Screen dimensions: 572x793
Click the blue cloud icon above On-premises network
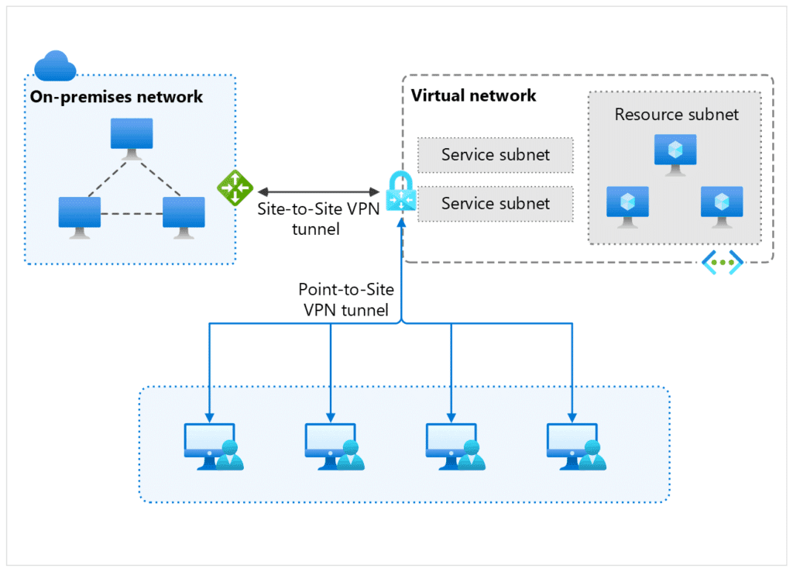pos(55,66)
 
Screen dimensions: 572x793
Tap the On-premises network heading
pos(116,97)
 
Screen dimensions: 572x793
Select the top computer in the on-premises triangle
pos(131,136)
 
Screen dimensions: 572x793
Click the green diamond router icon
pos(235,188)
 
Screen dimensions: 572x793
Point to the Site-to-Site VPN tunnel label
pos(318,218)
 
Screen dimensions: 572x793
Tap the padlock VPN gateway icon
pos(401,191)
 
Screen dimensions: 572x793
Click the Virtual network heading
pos(473,96)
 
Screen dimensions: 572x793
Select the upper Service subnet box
pos(496,155)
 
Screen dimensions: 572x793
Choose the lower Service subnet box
pos(496,204)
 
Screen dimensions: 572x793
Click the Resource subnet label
pos(676,115)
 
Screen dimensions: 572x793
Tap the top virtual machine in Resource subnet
pos(675,153)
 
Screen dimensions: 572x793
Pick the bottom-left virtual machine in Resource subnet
pos(627,205)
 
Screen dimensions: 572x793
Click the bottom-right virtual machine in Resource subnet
pos(722,205)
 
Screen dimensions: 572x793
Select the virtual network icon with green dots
pos(722,263)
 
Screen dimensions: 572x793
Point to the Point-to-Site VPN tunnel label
pos(346,300)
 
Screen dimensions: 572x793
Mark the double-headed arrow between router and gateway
pos(318,191)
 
